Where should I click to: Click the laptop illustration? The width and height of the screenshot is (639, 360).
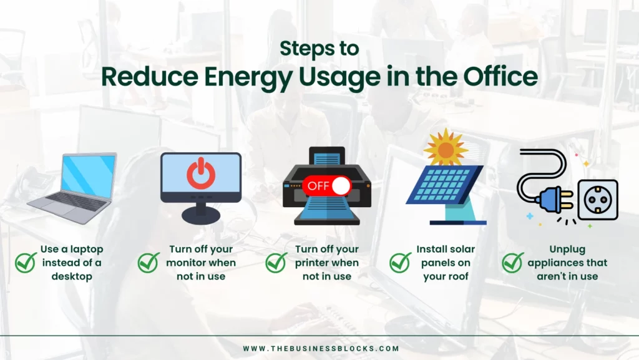[72, 188]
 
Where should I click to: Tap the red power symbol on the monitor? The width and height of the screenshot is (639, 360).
[201, 173]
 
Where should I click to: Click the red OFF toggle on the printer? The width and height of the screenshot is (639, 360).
[327, 186]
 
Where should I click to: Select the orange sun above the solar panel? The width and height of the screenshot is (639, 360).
[446, 148]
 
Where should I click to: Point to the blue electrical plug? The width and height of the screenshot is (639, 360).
[554, 199]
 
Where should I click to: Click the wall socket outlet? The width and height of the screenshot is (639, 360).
[598, 200]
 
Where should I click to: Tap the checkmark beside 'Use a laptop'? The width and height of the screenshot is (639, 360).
[26, 263]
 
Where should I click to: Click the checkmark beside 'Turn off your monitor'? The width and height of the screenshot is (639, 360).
[149, 263]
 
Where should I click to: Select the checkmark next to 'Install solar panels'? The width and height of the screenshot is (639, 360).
[400, 263]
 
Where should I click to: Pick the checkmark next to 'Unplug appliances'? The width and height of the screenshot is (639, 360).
[513, 263]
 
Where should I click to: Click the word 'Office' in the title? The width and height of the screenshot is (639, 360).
[500, 75]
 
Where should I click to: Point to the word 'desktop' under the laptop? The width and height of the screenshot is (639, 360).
[72, 276]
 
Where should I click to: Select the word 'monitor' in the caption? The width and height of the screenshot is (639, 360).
[185, 263]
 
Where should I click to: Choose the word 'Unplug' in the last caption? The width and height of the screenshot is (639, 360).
[567, 250]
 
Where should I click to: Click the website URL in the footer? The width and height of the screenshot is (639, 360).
[321, 349]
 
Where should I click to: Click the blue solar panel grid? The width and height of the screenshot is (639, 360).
[444, 185]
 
